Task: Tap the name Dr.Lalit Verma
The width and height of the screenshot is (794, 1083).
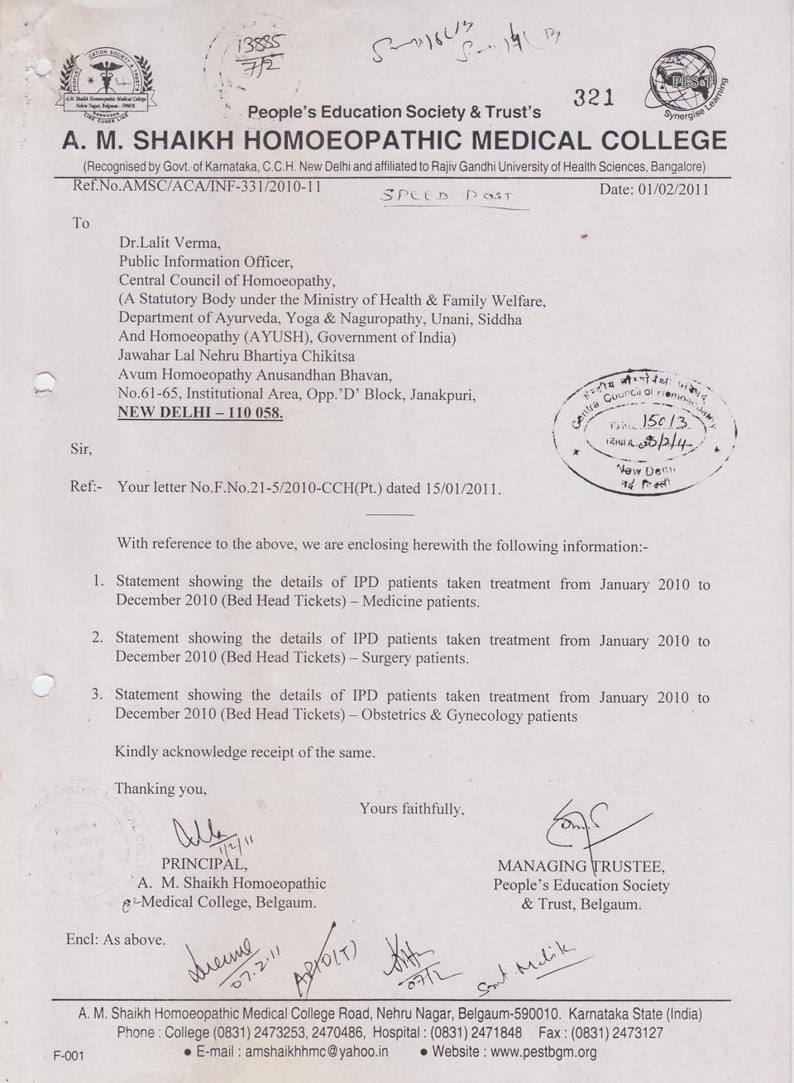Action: click(170, 243)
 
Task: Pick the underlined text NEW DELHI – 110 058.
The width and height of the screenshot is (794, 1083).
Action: click(200, 413)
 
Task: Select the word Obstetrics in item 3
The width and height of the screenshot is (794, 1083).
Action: click(400, 715)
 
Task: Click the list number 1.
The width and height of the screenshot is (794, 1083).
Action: click(98, 581)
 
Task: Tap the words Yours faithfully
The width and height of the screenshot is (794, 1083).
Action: click(411, 809)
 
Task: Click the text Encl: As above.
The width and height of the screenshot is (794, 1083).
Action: click(116, 939)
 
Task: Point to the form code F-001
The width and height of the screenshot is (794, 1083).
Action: click(69, 1056)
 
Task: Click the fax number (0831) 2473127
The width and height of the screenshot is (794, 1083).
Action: click(613, 1033)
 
